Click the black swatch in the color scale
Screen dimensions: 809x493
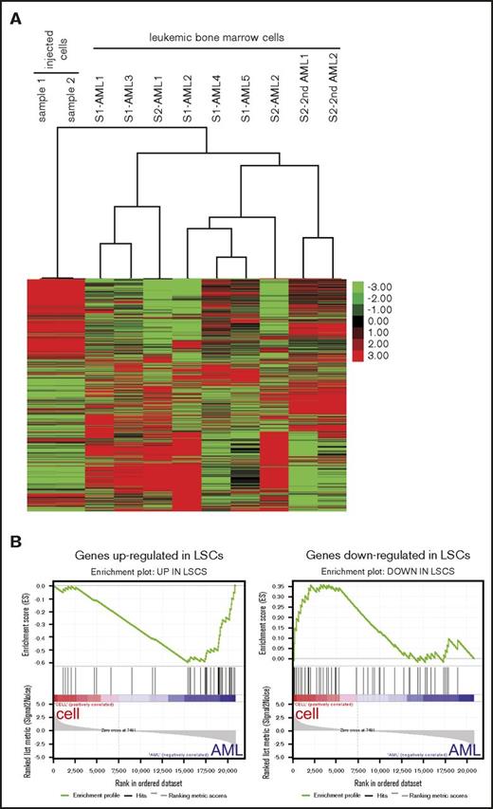tap(356, 322)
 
